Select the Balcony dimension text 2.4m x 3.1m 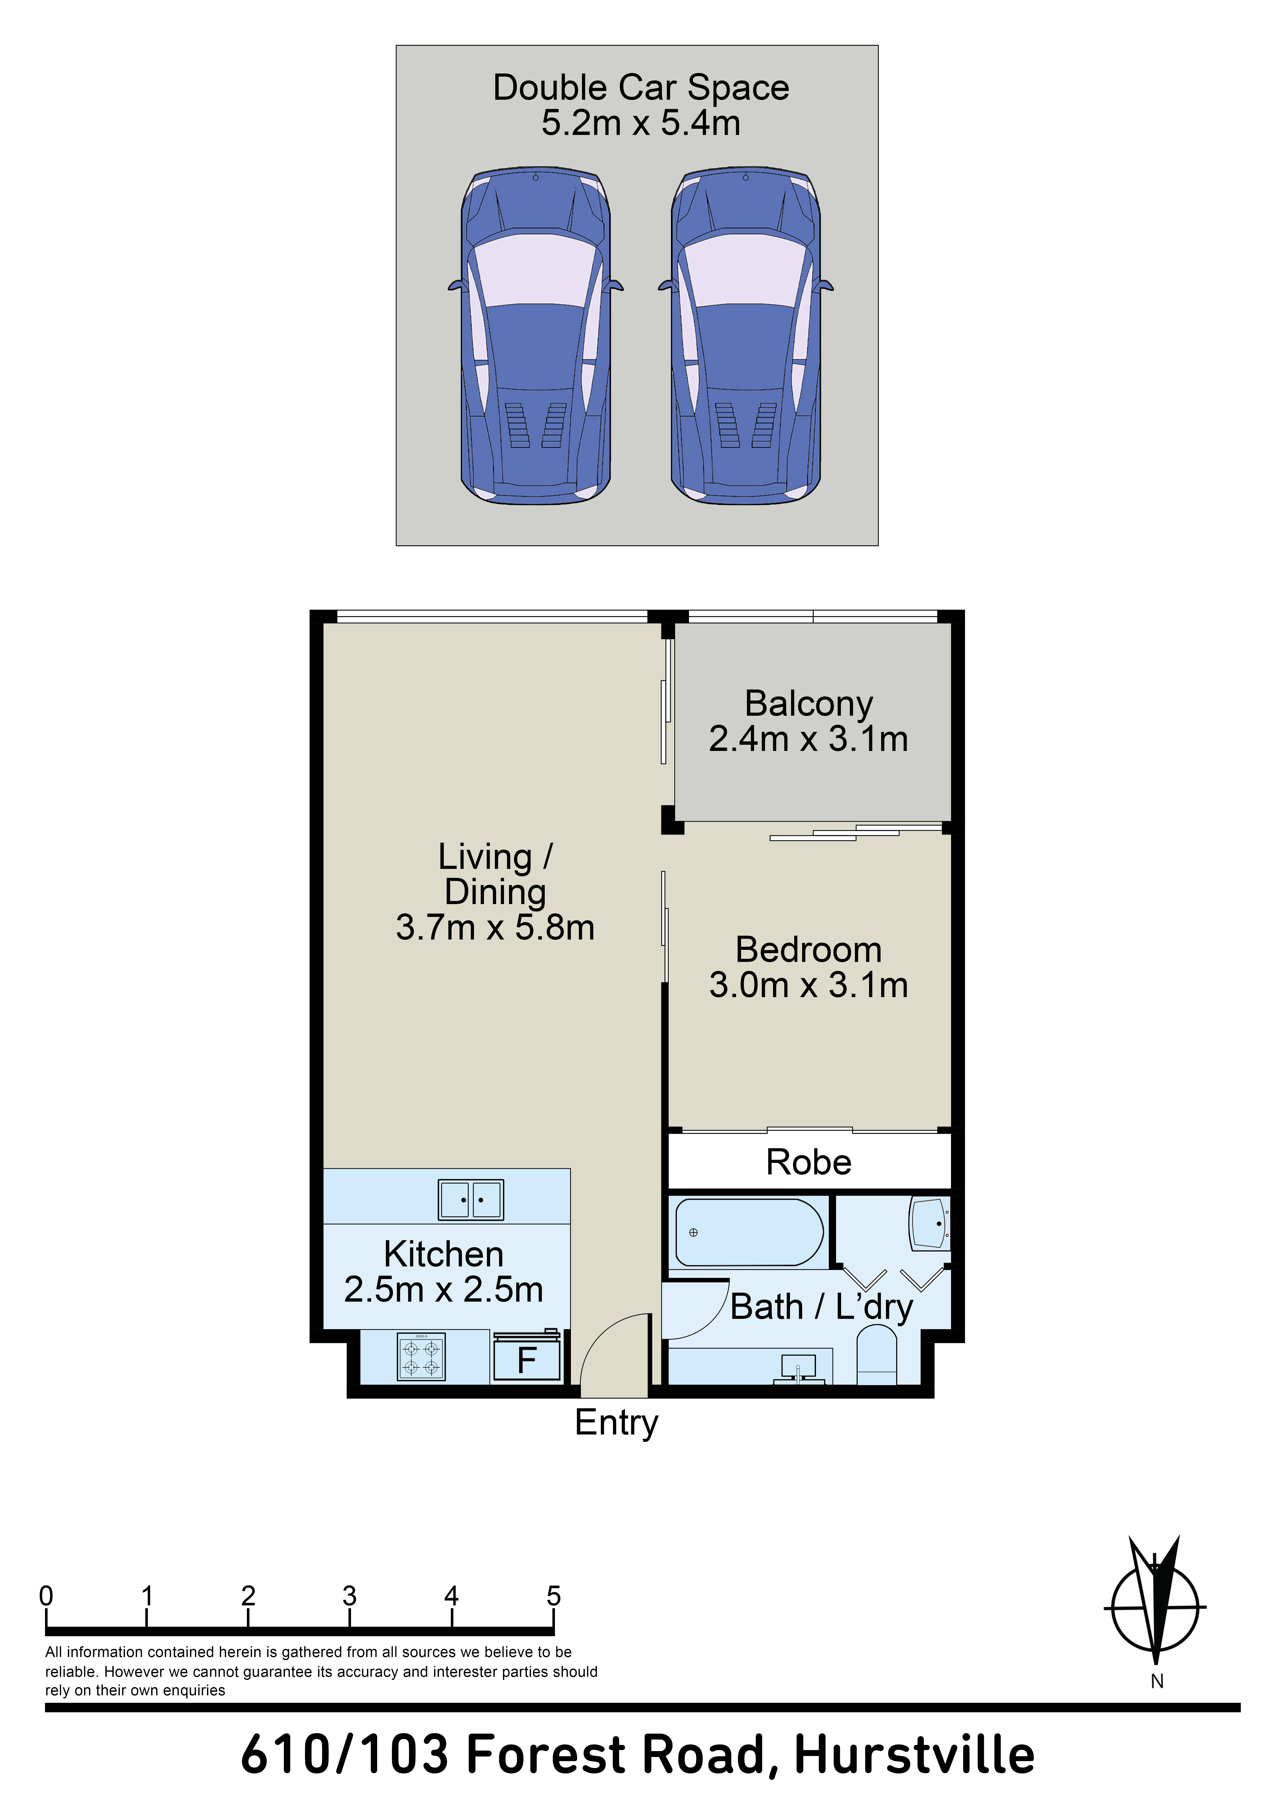808,739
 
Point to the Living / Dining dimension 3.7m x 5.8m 495,927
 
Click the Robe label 808,1162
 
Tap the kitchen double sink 471,1200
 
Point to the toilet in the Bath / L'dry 876,1356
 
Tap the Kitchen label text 444,1254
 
